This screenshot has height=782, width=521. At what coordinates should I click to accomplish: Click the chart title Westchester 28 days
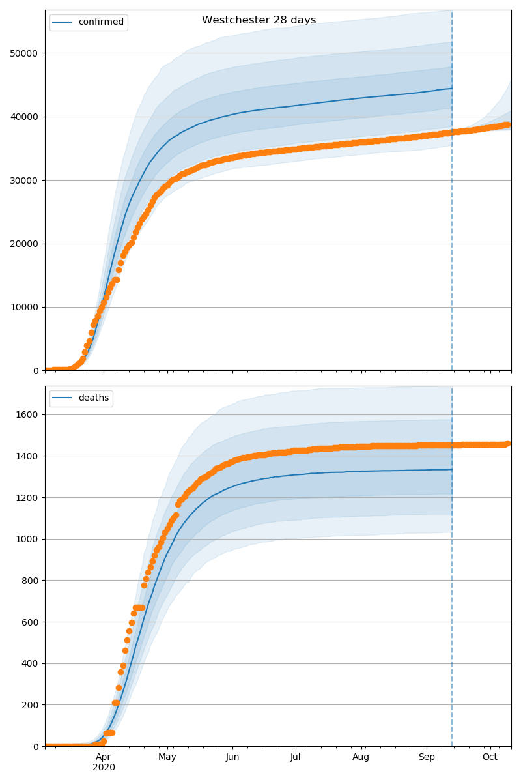(259, 20)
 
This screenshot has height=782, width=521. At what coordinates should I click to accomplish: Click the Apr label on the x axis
(104, 757)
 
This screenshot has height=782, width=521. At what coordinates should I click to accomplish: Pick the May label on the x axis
(167, 757)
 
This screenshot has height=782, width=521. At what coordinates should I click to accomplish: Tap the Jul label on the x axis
(295, 757)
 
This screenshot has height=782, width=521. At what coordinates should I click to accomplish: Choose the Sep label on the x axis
(426, 757)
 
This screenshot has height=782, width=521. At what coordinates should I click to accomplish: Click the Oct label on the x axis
(490, 757)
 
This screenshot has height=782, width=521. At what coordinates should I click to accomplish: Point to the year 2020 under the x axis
(104, 768)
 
